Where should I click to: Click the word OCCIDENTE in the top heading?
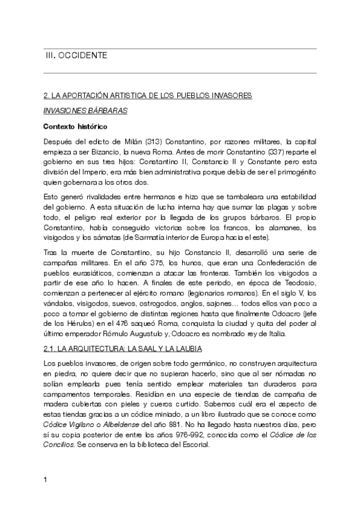(x=83, y=55)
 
